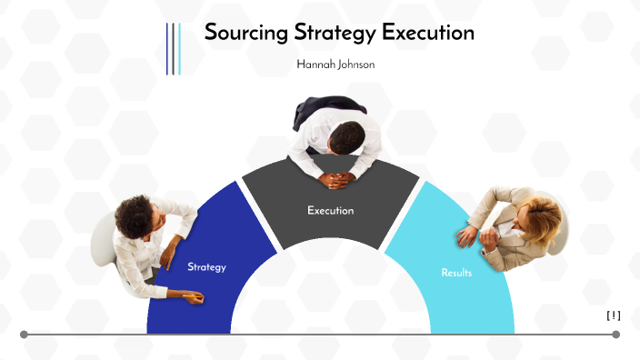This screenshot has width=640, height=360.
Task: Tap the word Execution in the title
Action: (x=428, y=34)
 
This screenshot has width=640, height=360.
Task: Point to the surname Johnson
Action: (x=356, y=65)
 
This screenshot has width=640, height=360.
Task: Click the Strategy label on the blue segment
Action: (x=206, y=267)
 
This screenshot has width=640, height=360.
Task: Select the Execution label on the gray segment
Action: (x=330, y=211)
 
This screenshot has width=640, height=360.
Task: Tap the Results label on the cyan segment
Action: (x=456, y=273)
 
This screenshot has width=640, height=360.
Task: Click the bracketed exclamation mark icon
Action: (x=614, y=315)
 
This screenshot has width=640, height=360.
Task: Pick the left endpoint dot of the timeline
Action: (x=24, y=335)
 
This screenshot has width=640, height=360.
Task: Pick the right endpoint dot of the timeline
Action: (x=616, y=335)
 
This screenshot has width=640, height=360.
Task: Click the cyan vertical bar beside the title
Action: (x=179, y=48)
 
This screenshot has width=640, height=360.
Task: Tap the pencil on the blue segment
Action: (x=192, y=295)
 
